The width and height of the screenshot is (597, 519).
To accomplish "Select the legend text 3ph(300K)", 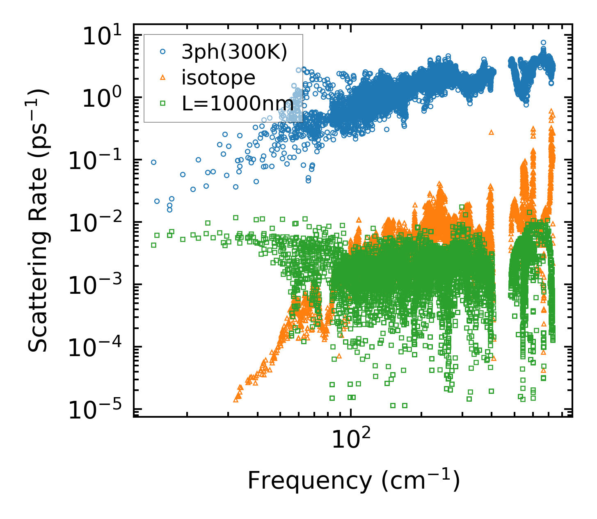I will (234, 52).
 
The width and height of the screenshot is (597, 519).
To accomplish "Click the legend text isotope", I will (218, 78).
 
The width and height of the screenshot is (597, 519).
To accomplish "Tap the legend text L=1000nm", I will (238, 104).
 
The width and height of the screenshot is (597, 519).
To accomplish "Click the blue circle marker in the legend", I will (163, 52).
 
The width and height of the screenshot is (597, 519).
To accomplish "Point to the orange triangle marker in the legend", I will (163, 78).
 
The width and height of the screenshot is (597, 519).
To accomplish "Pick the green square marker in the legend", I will (163, 104).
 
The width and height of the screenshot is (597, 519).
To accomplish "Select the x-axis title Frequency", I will (353, 481).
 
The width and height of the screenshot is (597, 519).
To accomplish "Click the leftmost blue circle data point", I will (153, 162).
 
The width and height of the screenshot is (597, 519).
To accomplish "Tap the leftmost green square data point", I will (153, 245).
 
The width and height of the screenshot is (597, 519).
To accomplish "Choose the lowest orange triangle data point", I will (236, 399).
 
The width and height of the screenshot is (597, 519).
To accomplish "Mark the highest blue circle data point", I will (543, 42).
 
